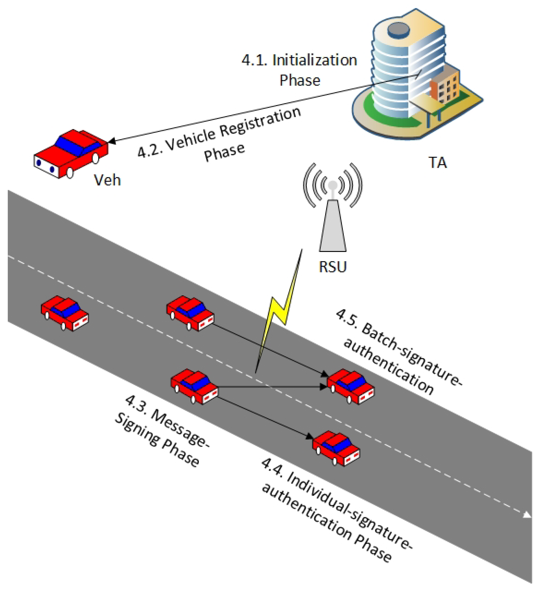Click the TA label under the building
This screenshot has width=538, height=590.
(438, 163)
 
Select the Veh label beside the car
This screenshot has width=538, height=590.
(107, 180)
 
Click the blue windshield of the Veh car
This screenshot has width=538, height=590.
(78, 145)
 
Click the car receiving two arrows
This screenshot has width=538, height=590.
(351, 386)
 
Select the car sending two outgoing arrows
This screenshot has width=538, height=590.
(194, 386)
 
